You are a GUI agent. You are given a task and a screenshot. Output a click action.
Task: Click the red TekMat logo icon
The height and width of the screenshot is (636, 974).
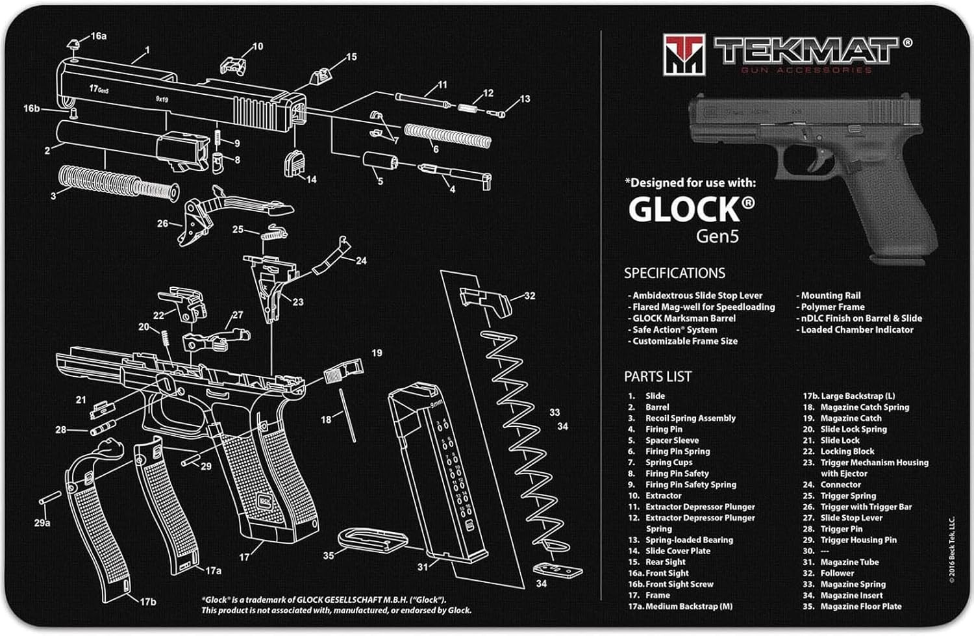[683, 53]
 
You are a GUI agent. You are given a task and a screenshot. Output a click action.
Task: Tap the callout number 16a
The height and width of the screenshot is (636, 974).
[98, 36]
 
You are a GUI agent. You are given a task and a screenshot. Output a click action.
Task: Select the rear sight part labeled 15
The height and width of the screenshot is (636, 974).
[320, 74]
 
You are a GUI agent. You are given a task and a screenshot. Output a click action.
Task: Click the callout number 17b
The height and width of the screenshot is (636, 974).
[148, 602]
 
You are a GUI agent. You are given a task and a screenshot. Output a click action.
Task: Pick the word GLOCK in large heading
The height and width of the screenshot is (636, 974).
[684, 210]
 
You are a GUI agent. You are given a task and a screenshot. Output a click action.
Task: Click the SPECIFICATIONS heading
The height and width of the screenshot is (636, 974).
[674, 273]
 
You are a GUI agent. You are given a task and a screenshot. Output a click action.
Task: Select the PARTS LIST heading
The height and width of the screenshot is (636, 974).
[657, 377]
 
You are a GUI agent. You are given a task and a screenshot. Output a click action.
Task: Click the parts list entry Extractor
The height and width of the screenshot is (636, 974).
[663, 496]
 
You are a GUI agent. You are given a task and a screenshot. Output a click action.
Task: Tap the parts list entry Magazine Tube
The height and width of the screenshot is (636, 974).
[849, 562]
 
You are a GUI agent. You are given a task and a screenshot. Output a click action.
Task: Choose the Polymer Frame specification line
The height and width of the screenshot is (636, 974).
[832, 307]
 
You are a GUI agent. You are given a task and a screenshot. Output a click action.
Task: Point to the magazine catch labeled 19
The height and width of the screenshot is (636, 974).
[344, 372]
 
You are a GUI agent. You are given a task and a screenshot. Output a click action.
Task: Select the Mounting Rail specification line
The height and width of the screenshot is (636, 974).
[830, 296]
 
